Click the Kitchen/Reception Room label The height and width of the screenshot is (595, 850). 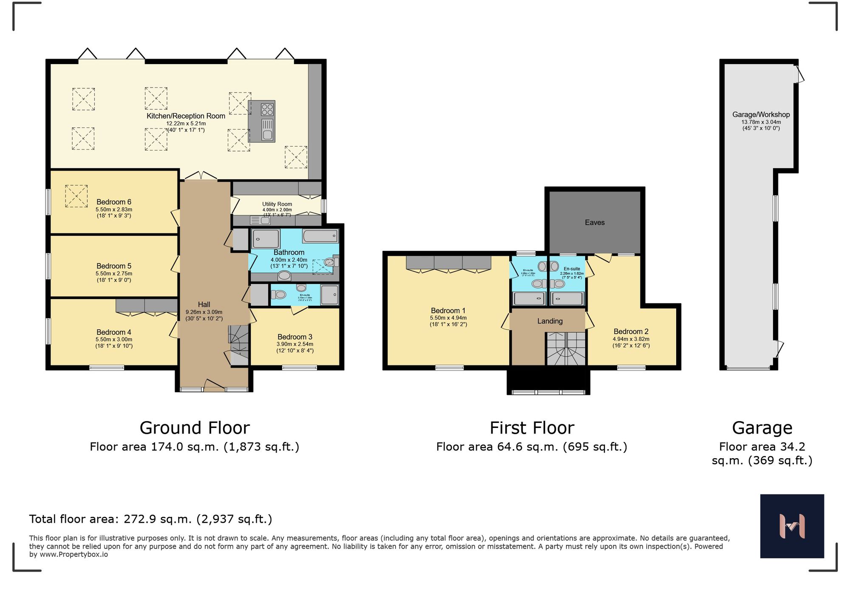(x=186, y=116)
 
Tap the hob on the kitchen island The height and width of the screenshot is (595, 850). (x=267, y=109)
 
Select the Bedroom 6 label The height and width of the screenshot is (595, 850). (x=113, y=202)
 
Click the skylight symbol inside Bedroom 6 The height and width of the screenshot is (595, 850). (x=76, y=196)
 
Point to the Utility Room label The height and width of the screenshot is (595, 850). (x=277, y=204)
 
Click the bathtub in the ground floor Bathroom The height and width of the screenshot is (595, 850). (x=320, y=235)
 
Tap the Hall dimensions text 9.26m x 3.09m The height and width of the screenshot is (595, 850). (x=204, y=312)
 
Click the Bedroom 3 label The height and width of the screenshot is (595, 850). (x=295, y=337)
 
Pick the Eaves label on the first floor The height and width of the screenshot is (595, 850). (x=595, y=223)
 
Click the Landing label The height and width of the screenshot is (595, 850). (x=550, y=321)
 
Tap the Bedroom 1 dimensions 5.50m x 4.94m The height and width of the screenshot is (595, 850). (x=448, y=318)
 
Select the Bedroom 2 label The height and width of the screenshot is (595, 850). (x=631, y=331)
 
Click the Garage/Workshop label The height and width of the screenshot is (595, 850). (x=761, y=115)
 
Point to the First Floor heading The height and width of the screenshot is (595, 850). (x=532, y=428)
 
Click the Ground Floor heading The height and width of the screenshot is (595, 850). (x=195, y=428)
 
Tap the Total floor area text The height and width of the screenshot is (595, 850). (x=150, y=519)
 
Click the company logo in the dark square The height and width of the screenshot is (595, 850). (x=792, y=526)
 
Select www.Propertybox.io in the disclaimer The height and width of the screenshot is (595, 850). (x=74, y=555)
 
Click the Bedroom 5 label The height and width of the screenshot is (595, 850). (x=113, y=266)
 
